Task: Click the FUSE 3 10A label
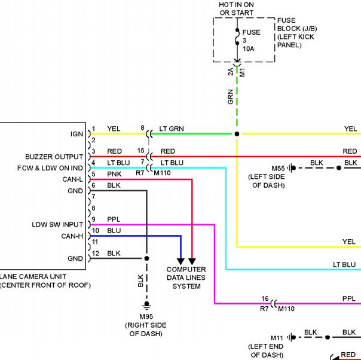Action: [252, 41]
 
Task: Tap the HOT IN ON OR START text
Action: [237, 9]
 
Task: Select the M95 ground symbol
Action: [146, 305]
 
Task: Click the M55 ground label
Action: [278, 169]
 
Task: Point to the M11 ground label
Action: [277, 338]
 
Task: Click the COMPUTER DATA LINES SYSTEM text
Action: [186, 278]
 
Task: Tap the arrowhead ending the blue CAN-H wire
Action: [180, 261]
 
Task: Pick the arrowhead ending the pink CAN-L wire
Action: [192, 261]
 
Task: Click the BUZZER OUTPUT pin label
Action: [54, 157]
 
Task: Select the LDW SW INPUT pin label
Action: [57, 225]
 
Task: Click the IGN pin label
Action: [77, 134]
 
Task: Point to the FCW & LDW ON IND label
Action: [50, 168]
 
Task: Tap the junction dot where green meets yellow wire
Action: [237, 134]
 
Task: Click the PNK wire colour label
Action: [114, 174]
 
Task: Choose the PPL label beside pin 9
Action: [114, 219]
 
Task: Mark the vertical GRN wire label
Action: [231, 97]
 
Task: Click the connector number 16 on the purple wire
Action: [265, 299]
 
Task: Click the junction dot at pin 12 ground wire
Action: [146, 258]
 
